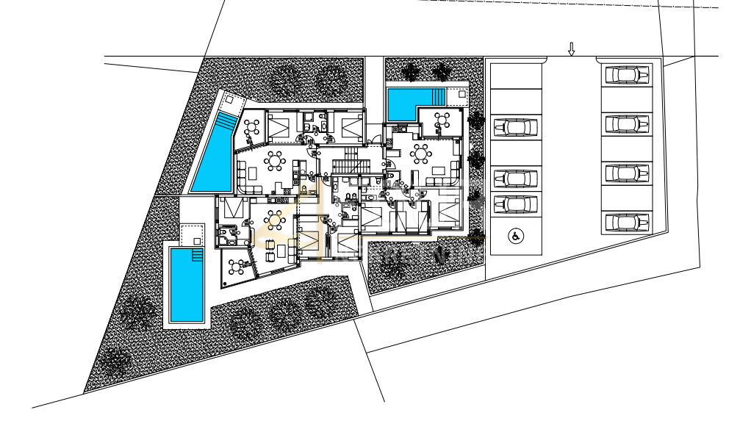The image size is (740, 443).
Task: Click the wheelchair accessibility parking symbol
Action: click(x=514, y=236)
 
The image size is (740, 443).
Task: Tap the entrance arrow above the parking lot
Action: click(x=571, y=49)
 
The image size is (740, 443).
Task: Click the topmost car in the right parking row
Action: click(x=626, y=74)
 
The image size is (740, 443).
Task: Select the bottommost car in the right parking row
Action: click(x=626, y=222)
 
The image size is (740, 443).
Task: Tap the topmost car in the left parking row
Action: click(x=514, y=127)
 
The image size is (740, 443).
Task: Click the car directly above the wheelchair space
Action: click(x=514, y=204)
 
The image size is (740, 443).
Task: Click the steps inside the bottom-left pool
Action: click(x=196, y=254)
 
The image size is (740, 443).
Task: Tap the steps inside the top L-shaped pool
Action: click(x=439, y=97)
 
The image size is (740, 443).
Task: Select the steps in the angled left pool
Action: click(x=227, y=120)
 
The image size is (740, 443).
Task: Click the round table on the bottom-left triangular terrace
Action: click(x=237, y=266)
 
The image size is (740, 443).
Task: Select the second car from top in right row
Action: click(x=626, y=123)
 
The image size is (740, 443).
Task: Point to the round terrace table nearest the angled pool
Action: click(x=252, y=127)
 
